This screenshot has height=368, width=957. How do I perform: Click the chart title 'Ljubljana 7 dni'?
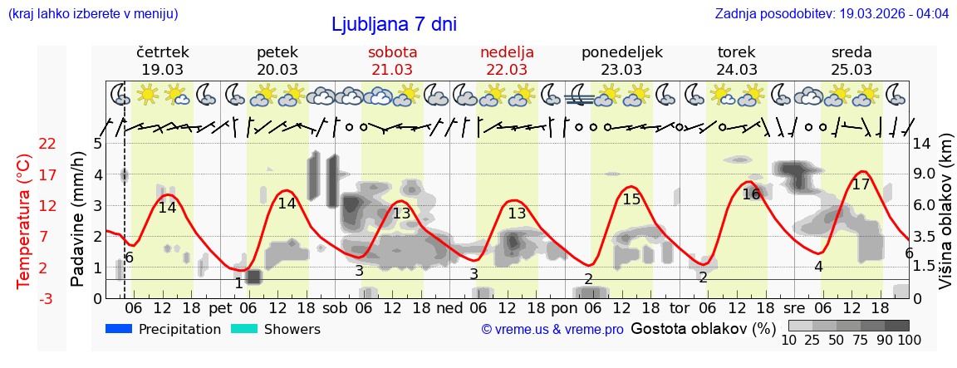coord(394,24)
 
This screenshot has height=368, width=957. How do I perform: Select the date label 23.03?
coord(622,70)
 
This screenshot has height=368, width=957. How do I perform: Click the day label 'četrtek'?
coord(163,52)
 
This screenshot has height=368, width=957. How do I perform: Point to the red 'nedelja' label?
coord(507,52)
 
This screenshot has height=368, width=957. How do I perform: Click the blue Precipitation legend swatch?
coord(119,329)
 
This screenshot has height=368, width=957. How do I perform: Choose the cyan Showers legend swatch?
coord(243,329)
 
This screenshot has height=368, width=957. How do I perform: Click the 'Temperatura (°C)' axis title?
coord(24,220)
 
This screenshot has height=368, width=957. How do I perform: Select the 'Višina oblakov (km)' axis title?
coord(945,220)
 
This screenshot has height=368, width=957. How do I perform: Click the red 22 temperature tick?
coord(47,144)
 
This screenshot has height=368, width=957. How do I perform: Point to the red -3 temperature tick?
coord(47,298)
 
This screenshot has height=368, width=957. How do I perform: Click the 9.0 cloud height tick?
coord(925,174)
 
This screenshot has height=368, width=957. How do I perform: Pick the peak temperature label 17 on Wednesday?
coord(861,184)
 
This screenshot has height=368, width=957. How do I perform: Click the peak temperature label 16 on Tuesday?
coord(751,194)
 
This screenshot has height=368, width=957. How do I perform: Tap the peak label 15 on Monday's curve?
coord(631,199)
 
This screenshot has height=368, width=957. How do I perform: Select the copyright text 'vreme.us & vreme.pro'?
coord(552,330)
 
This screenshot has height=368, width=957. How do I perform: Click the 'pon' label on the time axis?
coord(563,307)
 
